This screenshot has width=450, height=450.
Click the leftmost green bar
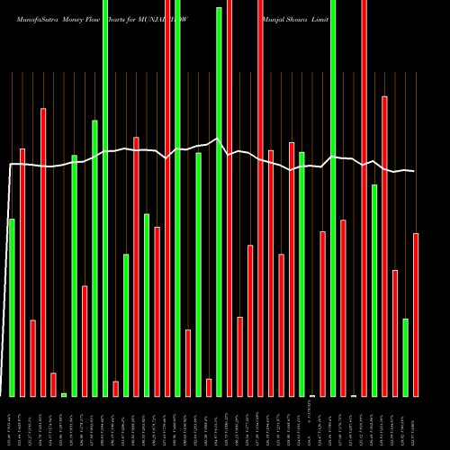[x=12, y=307]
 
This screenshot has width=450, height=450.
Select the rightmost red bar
[x=416, y=314]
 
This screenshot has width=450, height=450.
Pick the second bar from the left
[x=22, y=272]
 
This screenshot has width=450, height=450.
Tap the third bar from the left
[x=33, y=357]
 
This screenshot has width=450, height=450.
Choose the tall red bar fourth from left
[x=43, y=252]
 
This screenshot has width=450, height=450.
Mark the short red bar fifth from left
[x=54, y=384]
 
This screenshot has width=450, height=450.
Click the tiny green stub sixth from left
[x=64, y=394]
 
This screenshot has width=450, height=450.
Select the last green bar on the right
[x=406, y=357]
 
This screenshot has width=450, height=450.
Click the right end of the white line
[x=414, y=171]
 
